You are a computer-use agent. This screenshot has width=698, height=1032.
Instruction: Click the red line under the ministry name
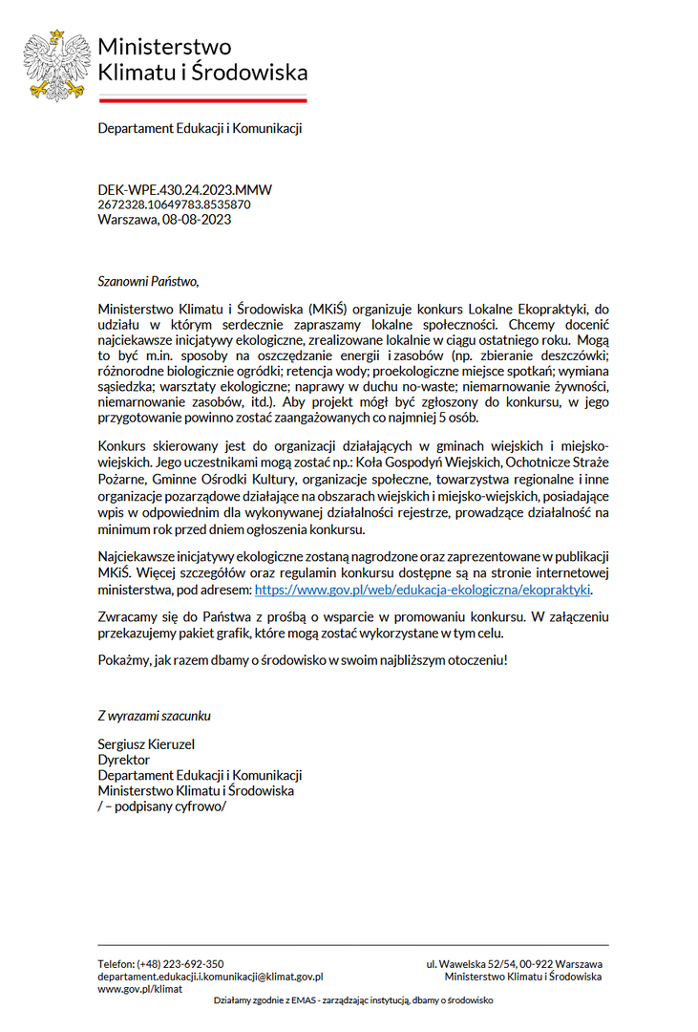click(x=202, y=99)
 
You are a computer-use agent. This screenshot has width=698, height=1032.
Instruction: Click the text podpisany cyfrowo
click(x=167, y=806)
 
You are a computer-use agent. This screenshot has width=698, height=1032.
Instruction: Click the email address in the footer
click(x=210, y=977)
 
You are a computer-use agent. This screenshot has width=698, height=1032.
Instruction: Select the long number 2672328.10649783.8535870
click(x=174, y=204)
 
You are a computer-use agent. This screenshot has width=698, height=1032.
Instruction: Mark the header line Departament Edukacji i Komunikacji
click(x=200, y=128)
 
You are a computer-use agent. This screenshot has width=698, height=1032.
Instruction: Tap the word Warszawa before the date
click(x=127, y=219)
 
